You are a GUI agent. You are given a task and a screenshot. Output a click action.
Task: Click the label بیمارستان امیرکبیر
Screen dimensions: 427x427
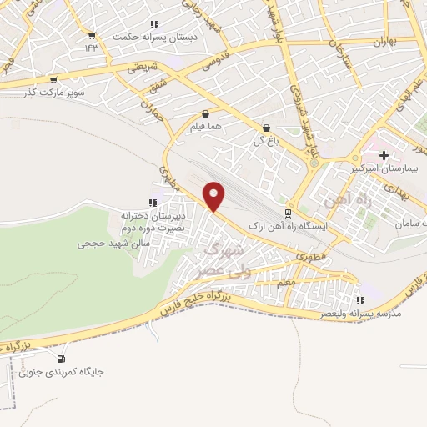point(384,168)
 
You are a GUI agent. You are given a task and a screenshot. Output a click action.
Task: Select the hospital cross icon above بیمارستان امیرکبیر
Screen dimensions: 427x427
point(384,155)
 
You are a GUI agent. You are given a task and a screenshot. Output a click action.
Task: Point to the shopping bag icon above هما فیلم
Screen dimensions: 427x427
point(205,115)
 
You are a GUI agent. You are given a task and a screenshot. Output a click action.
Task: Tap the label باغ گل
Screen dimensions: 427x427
point(266,141)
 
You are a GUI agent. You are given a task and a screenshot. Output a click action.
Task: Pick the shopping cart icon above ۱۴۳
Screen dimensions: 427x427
point(92,35)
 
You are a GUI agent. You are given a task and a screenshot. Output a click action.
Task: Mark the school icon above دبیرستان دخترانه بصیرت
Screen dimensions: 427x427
point(153,203)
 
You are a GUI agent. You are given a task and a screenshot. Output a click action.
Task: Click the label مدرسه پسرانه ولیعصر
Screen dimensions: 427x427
point(360,314)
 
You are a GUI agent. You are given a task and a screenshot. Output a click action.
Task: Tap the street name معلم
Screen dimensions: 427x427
point(286,283)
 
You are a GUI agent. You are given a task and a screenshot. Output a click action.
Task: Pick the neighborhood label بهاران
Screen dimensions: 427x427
point(383,40)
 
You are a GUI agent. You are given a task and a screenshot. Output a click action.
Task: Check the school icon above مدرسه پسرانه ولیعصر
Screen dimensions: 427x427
point(360,300)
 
